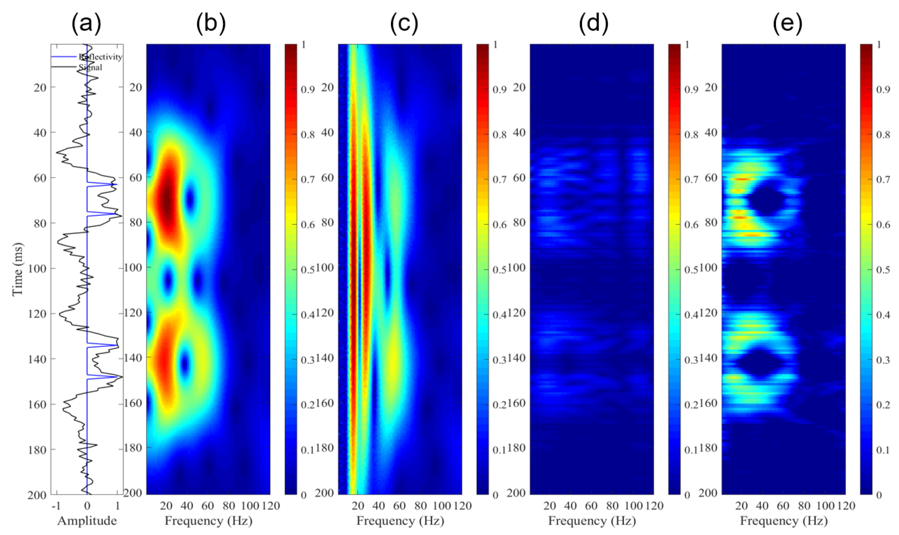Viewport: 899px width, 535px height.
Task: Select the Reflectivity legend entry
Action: point(100,57)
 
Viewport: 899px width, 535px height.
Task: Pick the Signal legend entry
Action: point(91,67)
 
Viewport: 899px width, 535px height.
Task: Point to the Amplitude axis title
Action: point(87,521)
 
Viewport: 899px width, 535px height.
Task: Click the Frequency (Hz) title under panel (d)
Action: point(592,521)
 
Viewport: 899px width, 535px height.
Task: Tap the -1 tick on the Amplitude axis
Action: point(56,506)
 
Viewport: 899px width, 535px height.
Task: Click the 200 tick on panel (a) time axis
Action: point(37,495)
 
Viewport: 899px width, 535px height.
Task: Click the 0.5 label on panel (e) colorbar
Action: point(883,270)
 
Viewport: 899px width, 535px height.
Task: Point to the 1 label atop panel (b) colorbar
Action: point(304,44)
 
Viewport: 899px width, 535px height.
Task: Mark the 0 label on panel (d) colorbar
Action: point(687,495)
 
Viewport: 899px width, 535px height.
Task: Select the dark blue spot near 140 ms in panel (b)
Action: point(184,364)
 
